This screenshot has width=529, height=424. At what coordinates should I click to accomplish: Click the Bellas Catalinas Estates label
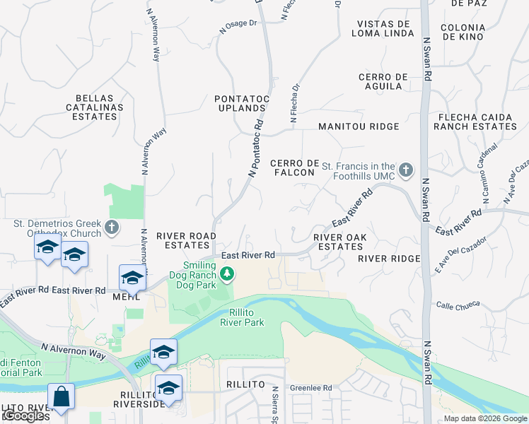[99, 107]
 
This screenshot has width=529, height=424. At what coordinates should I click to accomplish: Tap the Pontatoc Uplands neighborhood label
[240, 103]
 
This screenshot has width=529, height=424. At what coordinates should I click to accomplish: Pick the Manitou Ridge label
[359, 126]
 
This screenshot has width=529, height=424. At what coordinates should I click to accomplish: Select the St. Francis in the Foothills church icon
[405, 170]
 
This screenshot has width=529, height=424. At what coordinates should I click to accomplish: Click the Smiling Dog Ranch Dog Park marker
[227, 273]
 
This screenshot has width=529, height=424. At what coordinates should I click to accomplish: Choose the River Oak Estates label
[338, 242]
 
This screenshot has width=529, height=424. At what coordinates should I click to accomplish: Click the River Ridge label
[389, 259]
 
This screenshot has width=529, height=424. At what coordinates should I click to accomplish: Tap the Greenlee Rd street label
[310, 388]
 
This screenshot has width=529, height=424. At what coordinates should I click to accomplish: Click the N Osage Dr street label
[238, 25]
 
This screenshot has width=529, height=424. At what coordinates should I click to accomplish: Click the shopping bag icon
[62, 396]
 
